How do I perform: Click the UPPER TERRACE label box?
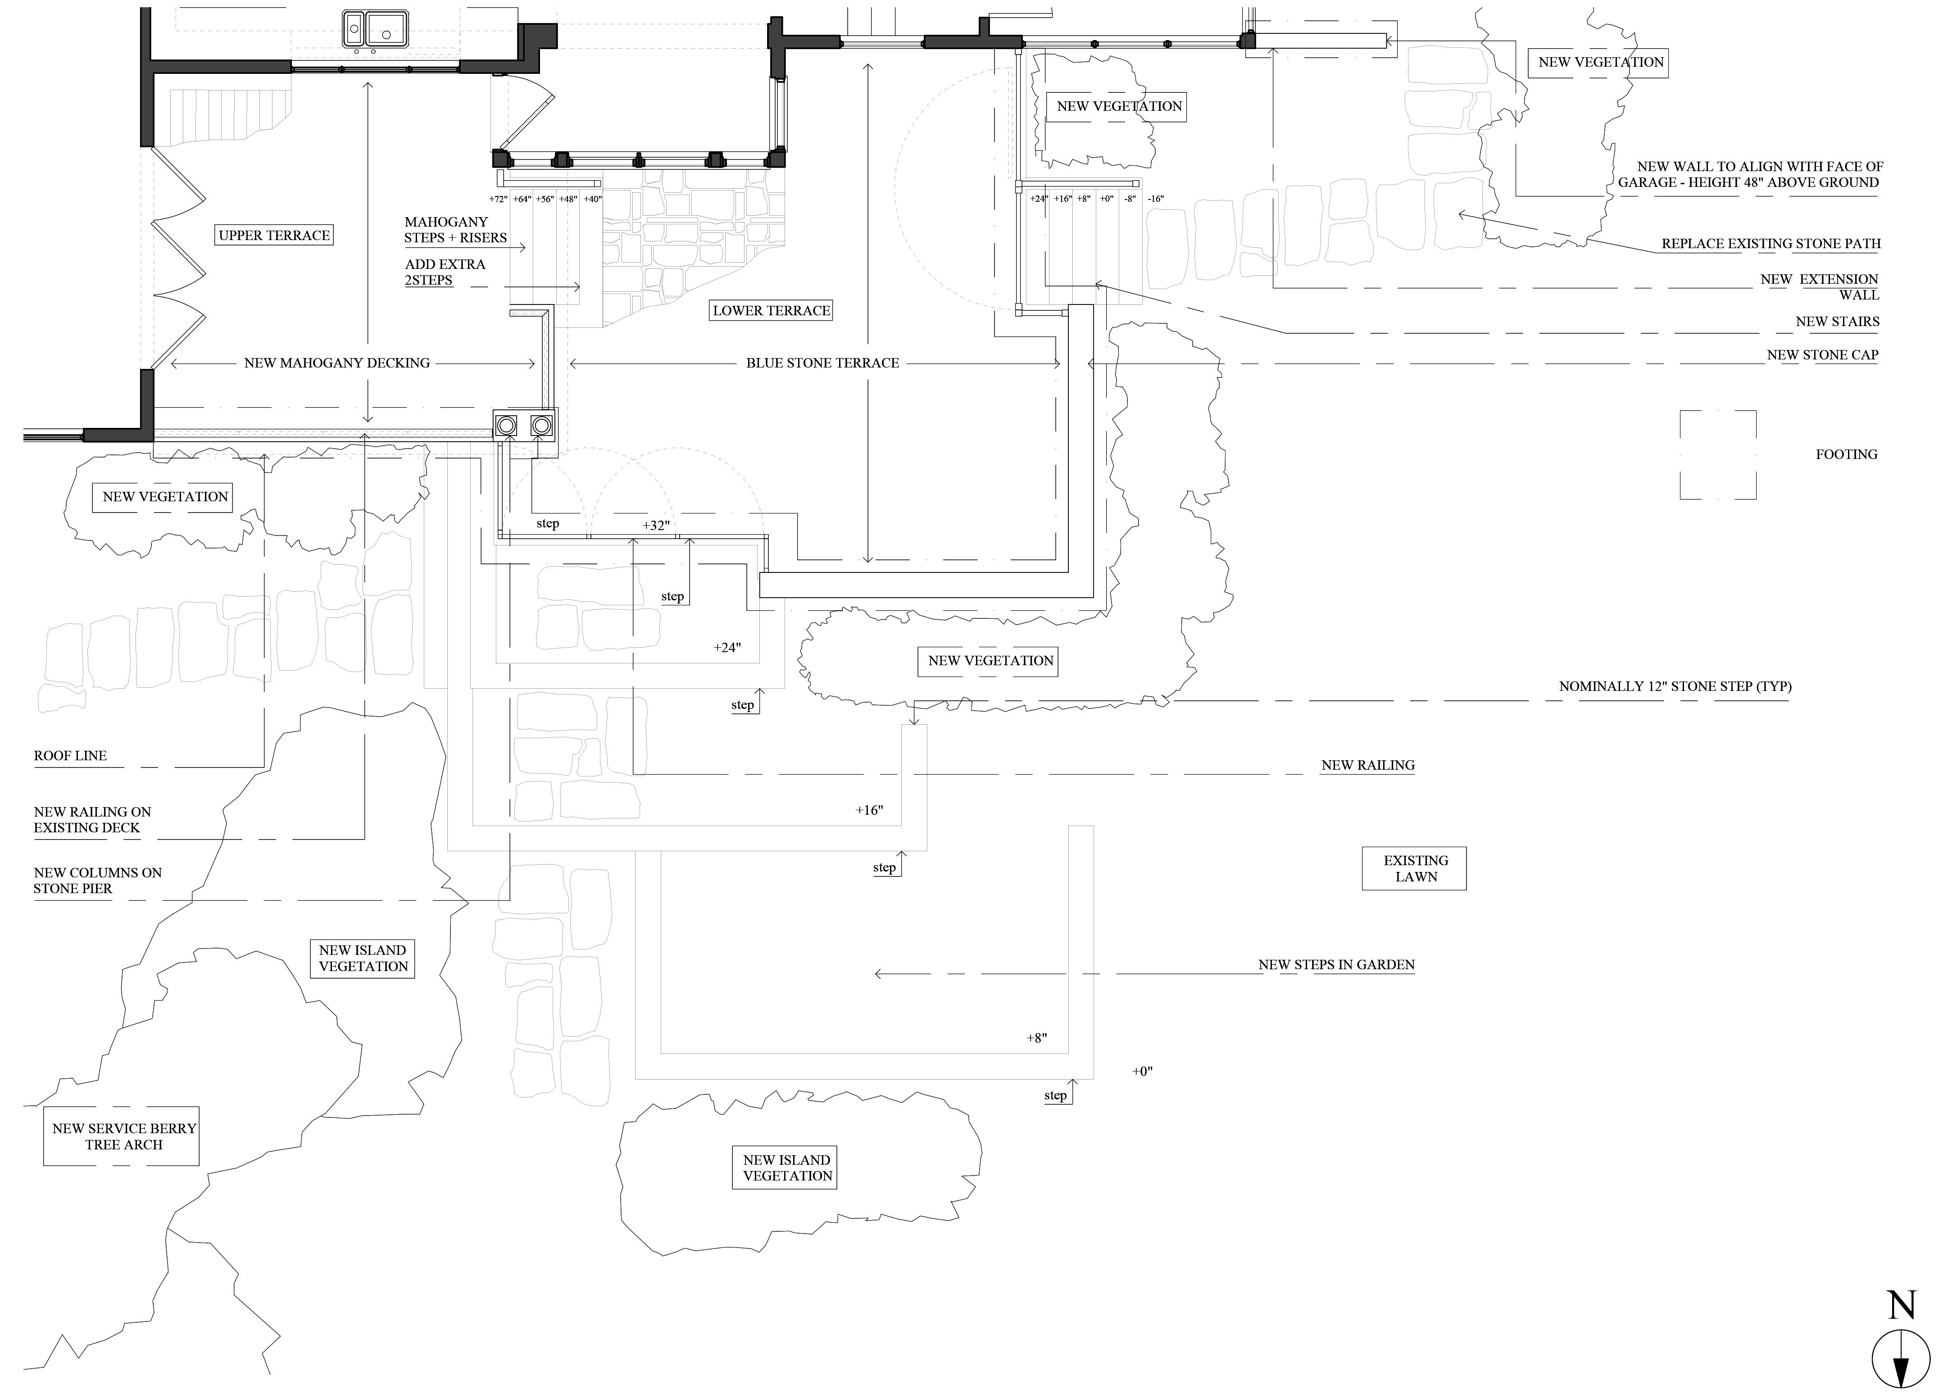[274, 236]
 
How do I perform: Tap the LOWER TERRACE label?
[771, 310]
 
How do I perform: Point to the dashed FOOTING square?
[1718, 455]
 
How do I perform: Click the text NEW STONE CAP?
[1822, 354]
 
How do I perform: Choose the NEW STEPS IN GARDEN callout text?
[1335, 965]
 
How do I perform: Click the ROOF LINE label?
[70, 756]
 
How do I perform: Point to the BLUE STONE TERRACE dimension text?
[822, 363]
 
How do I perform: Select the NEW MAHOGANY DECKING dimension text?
[337, 363]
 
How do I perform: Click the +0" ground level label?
[1142, 1071]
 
